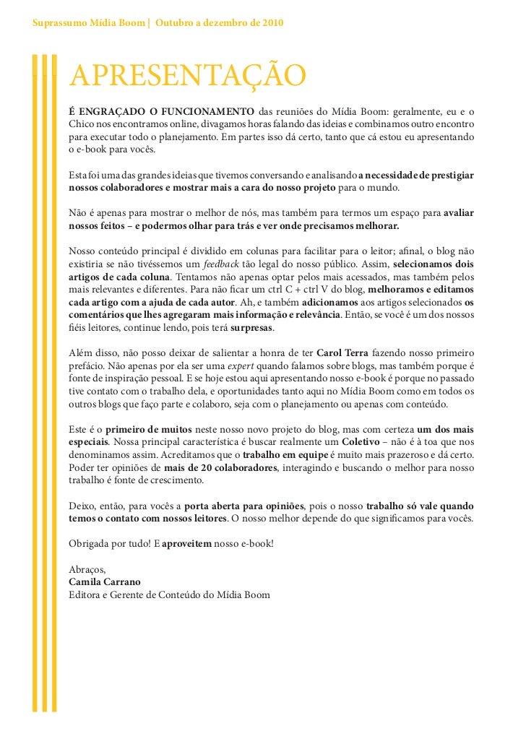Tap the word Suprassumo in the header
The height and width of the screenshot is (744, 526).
[57, 24]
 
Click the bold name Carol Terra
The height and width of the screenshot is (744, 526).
[342, 353]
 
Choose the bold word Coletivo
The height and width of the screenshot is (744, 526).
[361, 441]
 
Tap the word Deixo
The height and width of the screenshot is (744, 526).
[82, 505]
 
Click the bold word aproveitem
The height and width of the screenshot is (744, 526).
[186, 542]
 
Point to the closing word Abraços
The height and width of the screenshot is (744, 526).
[87, 568]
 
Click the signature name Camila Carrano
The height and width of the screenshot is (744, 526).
[104, 581]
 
